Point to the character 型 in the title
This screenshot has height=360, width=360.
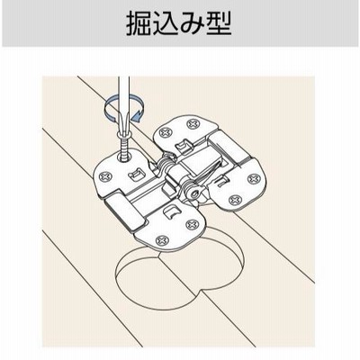pyautogui.click(x=219, y=23)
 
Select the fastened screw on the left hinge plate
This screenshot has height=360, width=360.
pyautogui.click(x=105, y=176)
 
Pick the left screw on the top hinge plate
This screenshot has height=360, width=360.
pyautogui.click(x=165, y=132)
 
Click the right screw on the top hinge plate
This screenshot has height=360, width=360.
pyautogui.click(x=193, y=123)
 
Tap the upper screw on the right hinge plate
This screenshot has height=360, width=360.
pyautogui.click(x=254, y=180)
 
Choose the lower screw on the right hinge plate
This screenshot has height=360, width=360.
pyautogui.click(x=235, y=200)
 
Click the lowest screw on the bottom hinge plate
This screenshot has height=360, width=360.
pyautogui.click(x=163, y=239)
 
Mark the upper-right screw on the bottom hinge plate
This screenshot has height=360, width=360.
pyautogui.click(x=192, y=224)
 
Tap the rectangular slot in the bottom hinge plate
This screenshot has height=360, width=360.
pyautogui.click(x=172, y=212)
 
